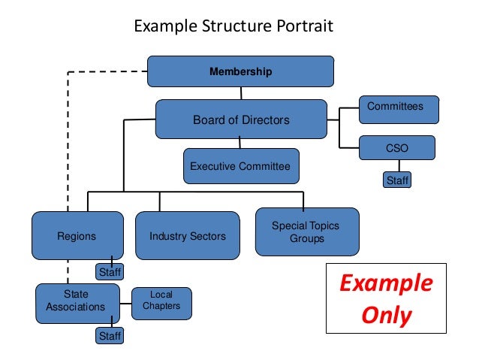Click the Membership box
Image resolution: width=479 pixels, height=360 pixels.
point(240,72)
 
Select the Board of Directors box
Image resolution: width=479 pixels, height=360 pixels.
point(241,119)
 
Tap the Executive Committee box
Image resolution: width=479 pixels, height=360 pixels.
point(240,166)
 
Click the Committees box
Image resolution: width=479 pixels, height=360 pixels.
point(399,109)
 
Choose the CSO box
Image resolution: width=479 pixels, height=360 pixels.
point(398,148)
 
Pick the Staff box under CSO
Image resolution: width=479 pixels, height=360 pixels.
point(397,180)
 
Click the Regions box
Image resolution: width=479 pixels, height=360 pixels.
point(77,236)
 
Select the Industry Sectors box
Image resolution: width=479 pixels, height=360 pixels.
point(188,236)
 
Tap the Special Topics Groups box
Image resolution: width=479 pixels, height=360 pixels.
point(307,232)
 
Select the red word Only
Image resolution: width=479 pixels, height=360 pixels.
point(386,315)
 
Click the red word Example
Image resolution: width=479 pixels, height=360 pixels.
point(386,284)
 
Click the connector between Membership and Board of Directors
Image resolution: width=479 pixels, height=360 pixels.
point(241,93)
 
